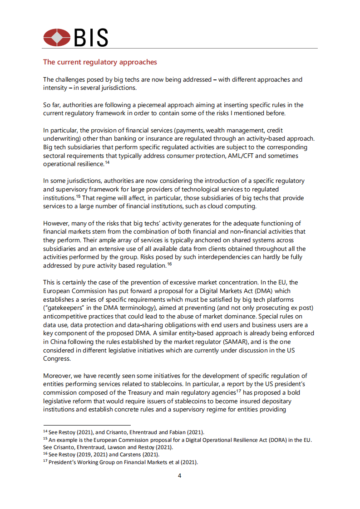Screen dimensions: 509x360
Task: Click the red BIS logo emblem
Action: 57,37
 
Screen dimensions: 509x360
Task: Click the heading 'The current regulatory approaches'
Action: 100,62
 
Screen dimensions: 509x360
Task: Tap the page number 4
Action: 180,475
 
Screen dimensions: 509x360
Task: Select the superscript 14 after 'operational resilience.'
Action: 107,162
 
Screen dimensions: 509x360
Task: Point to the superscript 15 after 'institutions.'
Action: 78,196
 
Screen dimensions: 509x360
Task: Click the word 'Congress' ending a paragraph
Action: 57,358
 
